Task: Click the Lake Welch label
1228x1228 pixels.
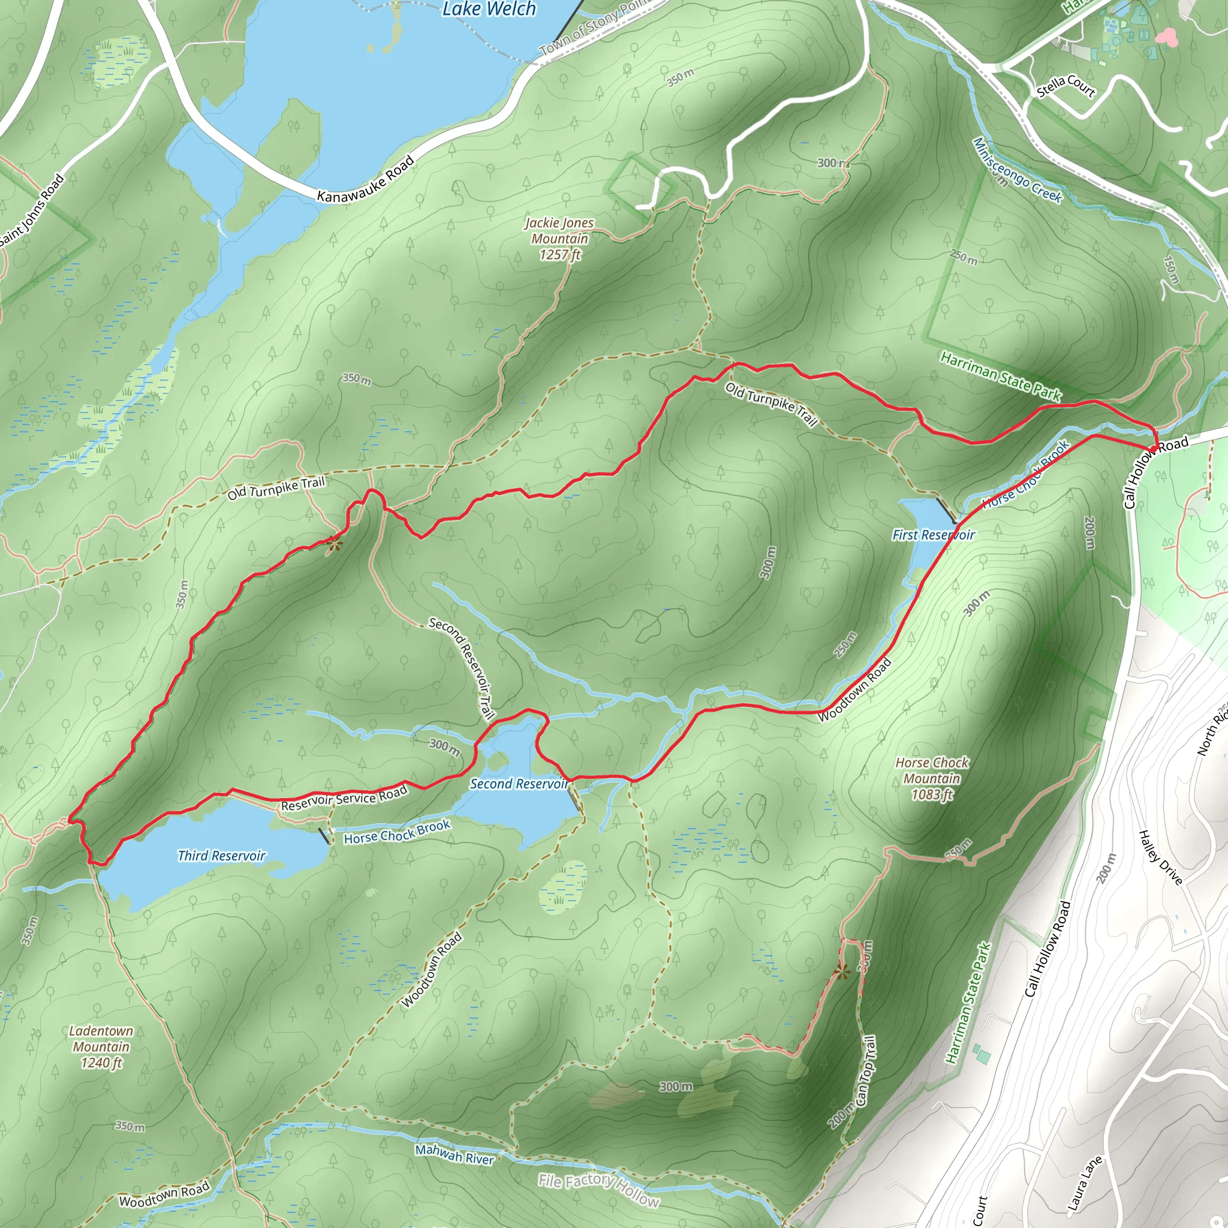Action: click(x=489, y=9)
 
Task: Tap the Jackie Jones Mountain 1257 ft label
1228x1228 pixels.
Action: click(x=559, y=239)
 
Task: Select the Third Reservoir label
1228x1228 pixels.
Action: click(x=221, y=856)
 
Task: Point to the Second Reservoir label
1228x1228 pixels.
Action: click(x=519, y=784)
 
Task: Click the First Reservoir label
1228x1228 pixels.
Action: click(x=933, y=535)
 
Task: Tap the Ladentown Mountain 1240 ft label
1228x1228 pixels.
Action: click(x=101, y=1047)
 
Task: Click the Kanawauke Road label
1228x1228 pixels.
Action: click(x=366, y=179)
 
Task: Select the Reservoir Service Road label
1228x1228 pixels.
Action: click(x=344, y=798)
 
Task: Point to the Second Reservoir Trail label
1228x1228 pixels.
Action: click(x=462, y=668)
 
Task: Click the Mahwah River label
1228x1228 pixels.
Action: click(x=455, y=1154)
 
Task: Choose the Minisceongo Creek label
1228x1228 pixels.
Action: click(x=1017, y=170)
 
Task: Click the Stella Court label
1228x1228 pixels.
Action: click(x=1066, y=86)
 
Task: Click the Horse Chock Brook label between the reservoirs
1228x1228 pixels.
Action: click(x=398, y=832)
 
